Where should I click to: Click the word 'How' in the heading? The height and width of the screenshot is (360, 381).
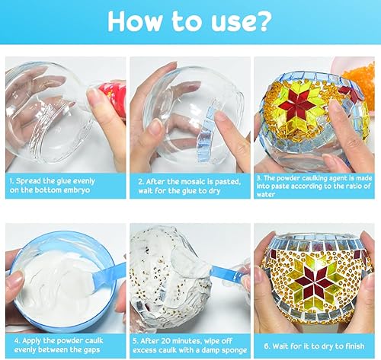135,21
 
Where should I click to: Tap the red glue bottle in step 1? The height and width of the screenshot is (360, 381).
114,98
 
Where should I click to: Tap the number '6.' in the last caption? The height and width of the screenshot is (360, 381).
267,346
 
